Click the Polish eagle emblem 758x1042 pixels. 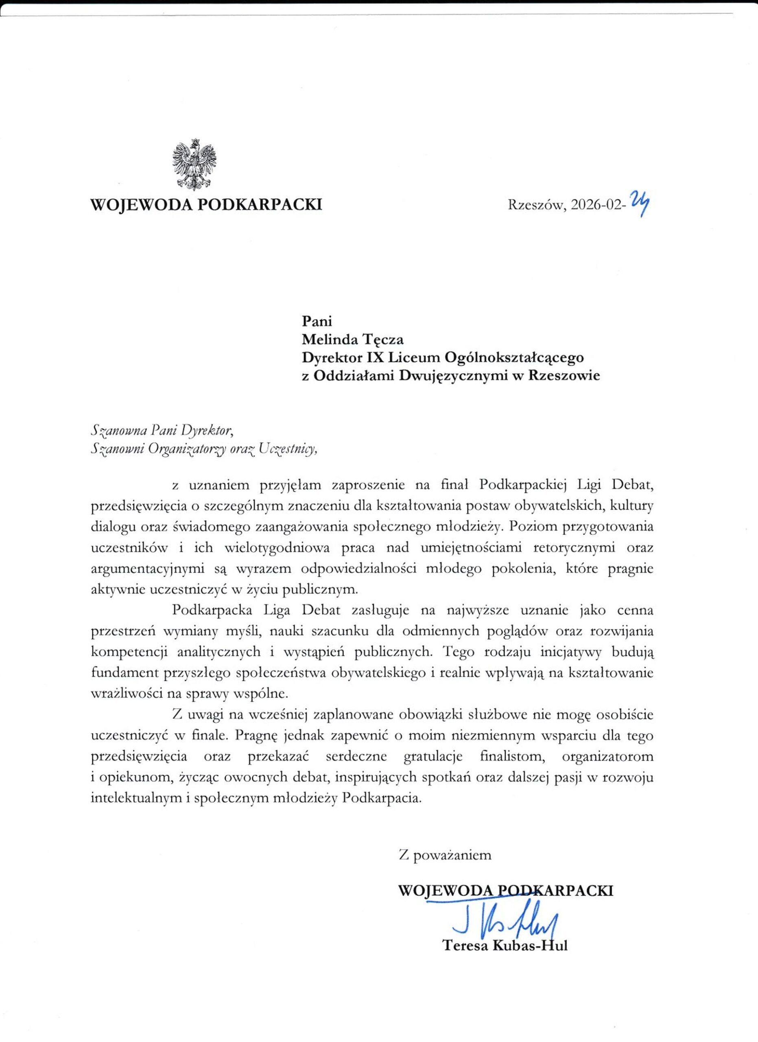click(x=194, y=165)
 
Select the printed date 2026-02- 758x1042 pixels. click(x=597, y=205)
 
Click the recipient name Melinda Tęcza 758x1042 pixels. click(x=353, y=339)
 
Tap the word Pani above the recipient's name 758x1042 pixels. click(x=317, y=321)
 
